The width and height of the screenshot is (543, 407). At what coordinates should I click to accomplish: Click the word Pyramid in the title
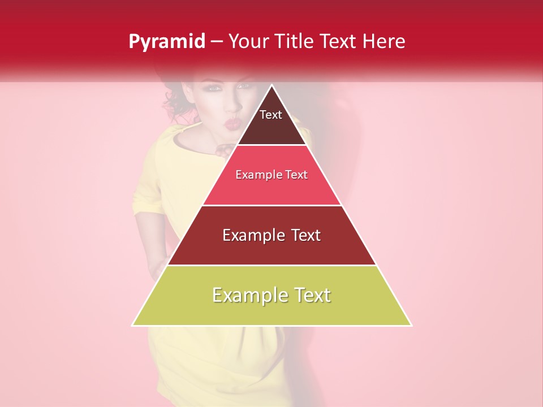pos(166,42)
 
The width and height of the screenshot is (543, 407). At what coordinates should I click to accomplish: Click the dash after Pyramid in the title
pos(216,42)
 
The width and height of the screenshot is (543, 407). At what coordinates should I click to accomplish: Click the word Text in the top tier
pos(271,115)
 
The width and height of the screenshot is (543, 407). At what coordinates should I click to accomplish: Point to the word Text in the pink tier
pos(296,175)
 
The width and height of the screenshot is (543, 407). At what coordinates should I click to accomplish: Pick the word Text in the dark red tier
pos(305,235)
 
